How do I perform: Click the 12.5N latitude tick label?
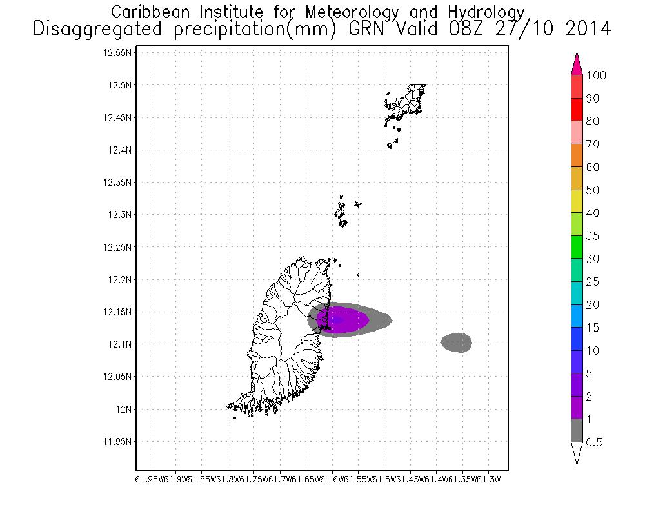tap(119, 85)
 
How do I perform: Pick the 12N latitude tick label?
tap(123, 409)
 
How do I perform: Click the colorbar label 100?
tap(597, 75)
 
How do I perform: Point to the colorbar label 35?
tap(593, 236)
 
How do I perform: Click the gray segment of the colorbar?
tap(577, 431)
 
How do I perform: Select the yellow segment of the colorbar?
tap(577, 202)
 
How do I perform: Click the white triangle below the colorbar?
tap(577, 453)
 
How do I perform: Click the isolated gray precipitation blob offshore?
tap(457, 342)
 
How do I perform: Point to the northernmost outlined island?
tap(406, 102)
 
